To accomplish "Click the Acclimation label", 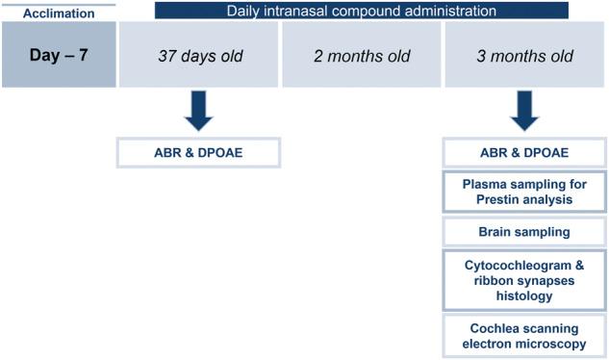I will tap(59, 13).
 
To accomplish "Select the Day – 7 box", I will tap(59, 56).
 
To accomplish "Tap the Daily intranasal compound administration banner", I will tap(361, 12).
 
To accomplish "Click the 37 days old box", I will tap(198, 56).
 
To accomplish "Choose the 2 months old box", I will tap(361, 56).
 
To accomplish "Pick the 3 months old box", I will tap(523, 56).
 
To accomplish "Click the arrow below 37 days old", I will tap(198, 110).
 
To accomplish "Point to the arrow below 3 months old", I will tap(523, 110).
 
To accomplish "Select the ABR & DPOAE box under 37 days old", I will tap(198, 153).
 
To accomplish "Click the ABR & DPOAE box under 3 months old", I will tap(523, 153).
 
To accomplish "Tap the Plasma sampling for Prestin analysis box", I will tap(523, 192).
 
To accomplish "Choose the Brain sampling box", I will tap(523, 232).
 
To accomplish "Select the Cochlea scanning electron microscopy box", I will tap(523, 335).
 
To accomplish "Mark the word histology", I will tap(523, 296).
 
